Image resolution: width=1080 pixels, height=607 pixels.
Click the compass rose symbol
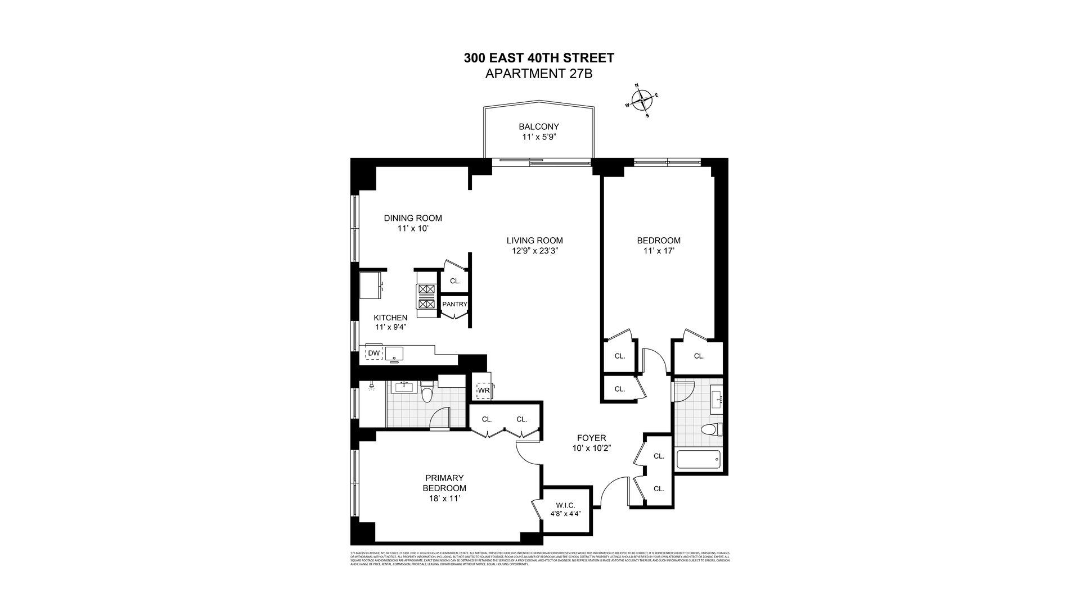coord(642,101)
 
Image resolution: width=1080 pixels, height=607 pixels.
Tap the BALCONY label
coord(538,126)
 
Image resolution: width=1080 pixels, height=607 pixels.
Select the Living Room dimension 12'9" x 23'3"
coord(534,251)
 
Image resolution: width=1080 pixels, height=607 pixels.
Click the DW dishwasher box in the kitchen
coord(373,353)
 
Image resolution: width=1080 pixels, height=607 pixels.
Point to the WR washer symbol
coord(483,390)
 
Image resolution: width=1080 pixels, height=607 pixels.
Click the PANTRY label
coord(454,304)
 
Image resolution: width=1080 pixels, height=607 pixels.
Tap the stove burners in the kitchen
coord(426,296)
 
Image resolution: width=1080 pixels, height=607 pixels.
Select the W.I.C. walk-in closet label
coord(565,505)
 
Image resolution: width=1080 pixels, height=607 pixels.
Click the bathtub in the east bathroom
coord(698,460)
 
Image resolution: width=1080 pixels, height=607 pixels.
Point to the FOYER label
coord(591,438)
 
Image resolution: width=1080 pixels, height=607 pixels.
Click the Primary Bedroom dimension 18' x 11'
coord(444,498)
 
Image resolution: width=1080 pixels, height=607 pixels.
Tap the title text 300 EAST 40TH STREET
coord(538,57)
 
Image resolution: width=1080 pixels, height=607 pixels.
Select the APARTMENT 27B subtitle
coord(538,74)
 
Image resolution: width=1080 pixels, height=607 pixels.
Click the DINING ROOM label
coord(413,218)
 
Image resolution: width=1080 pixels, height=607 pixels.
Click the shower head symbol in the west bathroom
coord(371,387)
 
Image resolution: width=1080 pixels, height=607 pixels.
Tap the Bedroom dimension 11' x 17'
coord(658,251)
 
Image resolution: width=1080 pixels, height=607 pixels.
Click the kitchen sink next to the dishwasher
coord(394,354)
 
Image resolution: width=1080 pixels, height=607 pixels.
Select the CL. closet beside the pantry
coord(454,281)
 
